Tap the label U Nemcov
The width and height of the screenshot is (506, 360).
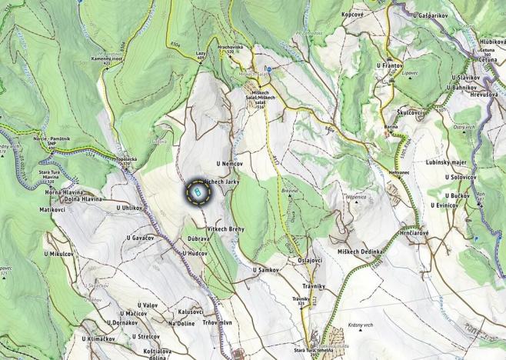click(230, 164)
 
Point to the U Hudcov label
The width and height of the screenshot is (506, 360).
click(195, 252)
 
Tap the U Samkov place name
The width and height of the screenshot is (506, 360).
click(265, 270)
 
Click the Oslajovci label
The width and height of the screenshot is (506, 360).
click(309, 259)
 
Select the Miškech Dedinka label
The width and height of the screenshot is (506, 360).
click(360, 252)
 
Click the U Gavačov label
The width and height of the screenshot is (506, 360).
click(140, 238)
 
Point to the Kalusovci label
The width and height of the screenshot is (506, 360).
click(191, 312)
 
